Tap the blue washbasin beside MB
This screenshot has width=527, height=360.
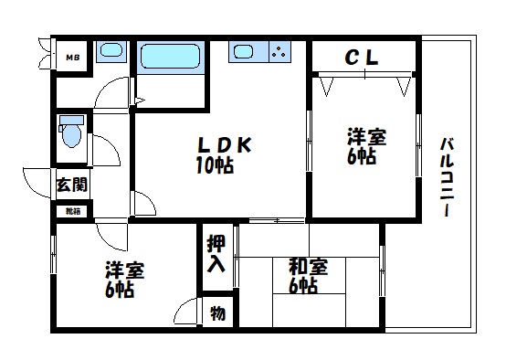click(111, 52)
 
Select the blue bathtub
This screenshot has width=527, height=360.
click(173, 58)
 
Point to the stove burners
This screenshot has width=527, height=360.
click(279, 53)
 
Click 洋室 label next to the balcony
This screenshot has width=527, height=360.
click(365, 138)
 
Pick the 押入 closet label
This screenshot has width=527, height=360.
click(216, 253)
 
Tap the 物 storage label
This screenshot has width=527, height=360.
click(218, 312)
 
